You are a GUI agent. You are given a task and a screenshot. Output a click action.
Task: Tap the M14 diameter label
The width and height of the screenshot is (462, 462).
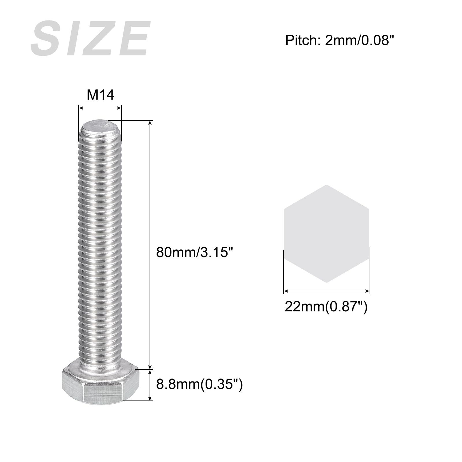(100, 95)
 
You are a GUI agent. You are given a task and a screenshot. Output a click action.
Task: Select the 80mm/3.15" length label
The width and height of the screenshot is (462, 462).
(194, 252)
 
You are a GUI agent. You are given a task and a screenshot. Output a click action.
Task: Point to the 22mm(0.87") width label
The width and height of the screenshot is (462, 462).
(326, 306)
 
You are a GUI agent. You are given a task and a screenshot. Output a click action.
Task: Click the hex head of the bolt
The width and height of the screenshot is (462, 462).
(101, 382)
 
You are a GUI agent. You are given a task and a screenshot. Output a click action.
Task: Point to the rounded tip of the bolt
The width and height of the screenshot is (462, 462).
(100, 127)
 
